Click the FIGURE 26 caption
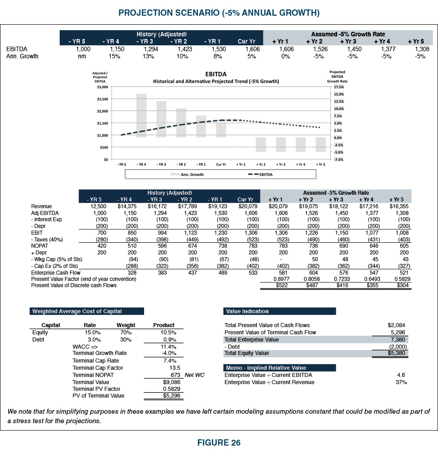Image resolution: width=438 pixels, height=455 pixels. (219, 443)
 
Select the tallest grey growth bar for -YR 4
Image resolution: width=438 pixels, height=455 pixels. (141, 115)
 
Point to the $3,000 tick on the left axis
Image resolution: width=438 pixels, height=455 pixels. (103, 87)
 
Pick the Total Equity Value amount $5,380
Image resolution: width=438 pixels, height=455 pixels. (398, 354)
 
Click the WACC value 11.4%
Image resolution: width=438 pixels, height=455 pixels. (168, 347)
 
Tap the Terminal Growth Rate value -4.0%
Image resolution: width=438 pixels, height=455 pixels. (168, 354)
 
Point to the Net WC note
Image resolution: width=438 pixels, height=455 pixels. (194, 375)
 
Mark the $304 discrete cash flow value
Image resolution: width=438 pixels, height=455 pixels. (402, 285)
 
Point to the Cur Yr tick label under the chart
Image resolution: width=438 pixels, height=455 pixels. (221, 165)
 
